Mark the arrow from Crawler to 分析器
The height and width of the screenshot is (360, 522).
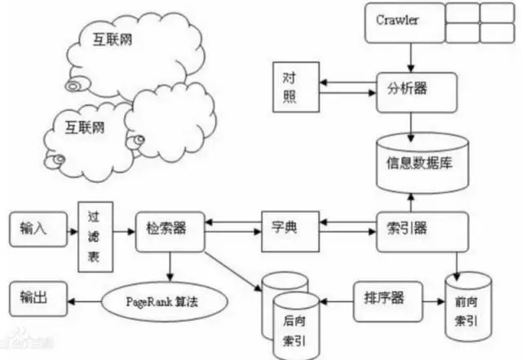click(411, 55)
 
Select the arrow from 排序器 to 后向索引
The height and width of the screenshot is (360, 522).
click(333, 296)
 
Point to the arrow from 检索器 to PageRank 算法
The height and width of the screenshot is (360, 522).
click(168, 264)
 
